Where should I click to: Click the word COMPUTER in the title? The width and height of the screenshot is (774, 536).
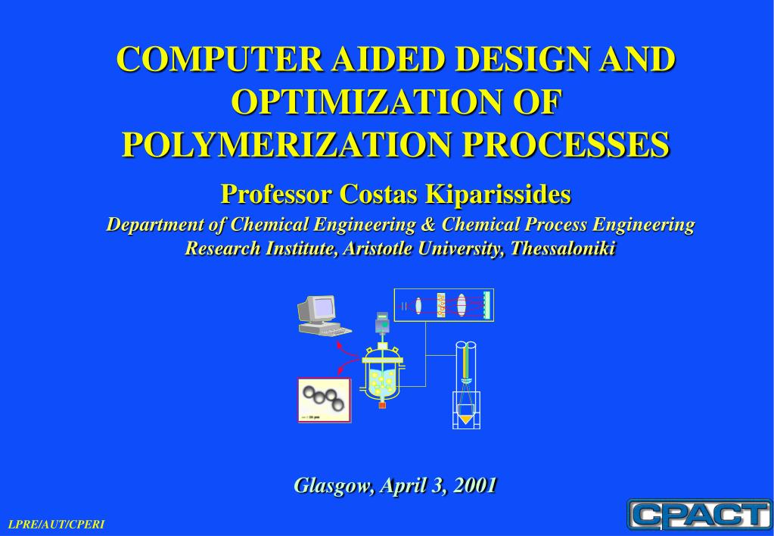[x=220, y=59]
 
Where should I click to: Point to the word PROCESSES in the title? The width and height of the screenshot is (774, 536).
[x=566, y=145]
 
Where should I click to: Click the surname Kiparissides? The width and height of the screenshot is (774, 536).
[x=498, y=194]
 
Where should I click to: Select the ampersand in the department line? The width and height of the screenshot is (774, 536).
[x=428, y=224]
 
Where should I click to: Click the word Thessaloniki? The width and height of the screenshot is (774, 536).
[x=563, y=248]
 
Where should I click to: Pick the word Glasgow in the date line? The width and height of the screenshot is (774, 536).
[x=334, y=485]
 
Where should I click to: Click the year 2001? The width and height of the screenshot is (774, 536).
[x=475, y=485]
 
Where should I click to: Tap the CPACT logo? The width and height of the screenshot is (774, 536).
[x=699, y=514]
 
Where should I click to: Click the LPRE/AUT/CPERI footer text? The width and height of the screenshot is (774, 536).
[x=57, y=524]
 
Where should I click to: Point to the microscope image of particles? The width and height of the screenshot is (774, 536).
[x=325, y=400]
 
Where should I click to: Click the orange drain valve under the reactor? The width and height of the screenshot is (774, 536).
[x=382, y=405]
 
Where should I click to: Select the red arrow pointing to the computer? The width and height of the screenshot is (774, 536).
[x=349, y=349]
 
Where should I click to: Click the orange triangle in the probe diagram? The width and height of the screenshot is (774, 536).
[x=465, y=419]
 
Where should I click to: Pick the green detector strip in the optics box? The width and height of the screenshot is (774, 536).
[x=486, y=305]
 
